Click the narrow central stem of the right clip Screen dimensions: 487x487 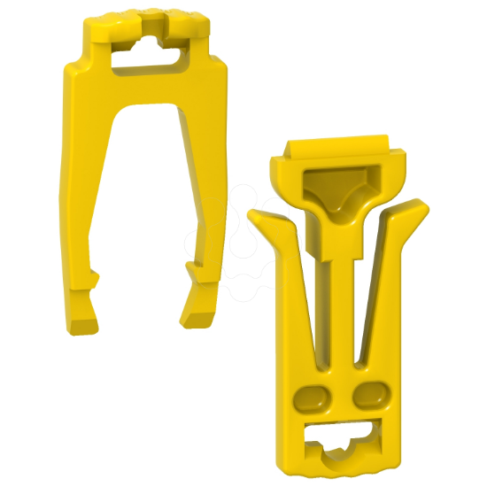[x=341, y=301]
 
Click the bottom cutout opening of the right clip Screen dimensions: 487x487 [x=340, y=435]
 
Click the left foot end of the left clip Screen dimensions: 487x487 [x=81, y=314]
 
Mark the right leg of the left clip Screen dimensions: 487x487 [x=205, y=195]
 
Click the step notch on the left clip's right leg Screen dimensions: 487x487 [x=189, y=267]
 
